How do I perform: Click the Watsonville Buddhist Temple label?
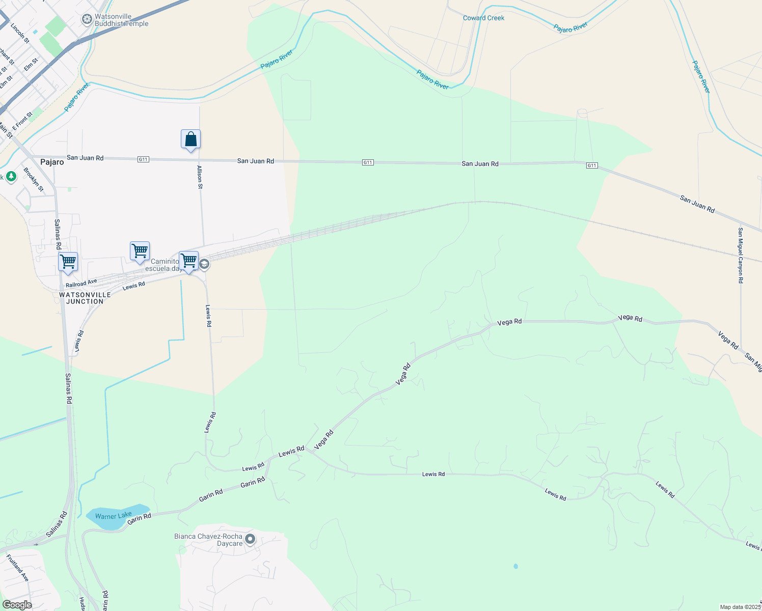[122, 20]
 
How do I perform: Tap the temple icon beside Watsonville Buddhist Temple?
[87, 19]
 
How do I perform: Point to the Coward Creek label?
[483, 18]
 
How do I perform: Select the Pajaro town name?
[52, 162]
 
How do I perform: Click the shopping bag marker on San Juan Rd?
[190, 139]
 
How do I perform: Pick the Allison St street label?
[200, 177]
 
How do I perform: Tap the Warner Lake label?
[113, 516]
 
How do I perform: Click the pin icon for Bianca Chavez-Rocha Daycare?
[250, 539]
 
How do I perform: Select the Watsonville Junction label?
[85, 298]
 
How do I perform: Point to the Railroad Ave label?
[81, 283]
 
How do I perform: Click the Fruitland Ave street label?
[18, 568]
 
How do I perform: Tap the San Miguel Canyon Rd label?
[741, 255]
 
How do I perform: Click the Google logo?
[17, 605]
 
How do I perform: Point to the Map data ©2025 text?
[740, 607]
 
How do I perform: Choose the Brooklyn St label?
[34, 179]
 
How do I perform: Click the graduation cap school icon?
[204, 264]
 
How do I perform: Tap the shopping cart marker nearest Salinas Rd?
[68, 262]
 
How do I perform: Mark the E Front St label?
[22, 121]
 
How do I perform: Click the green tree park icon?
[11, 177]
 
